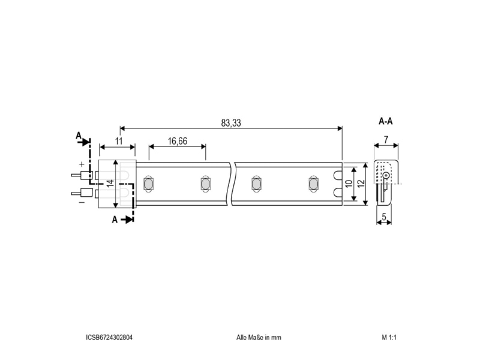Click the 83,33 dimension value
(231, 123)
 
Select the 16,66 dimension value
(177, 141)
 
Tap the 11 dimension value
(119, 141)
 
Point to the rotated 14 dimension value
(110, 183)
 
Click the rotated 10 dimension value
(349, 184)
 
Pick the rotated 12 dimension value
(361, 184)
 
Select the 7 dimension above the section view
(386, 140)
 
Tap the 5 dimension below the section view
(384, 217)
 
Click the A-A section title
(386, 122)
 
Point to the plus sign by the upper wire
(82, 164)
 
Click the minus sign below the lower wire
(82, 203)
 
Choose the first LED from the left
(148, 184)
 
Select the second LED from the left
(205, 184)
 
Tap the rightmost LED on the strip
(313, 184)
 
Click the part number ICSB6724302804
(109, 337)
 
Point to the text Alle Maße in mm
(259, 337)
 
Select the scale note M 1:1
(389, 337)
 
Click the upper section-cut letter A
(79, 136)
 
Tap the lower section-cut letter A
(115, 220)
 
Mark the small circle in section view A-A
(386, 176)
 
